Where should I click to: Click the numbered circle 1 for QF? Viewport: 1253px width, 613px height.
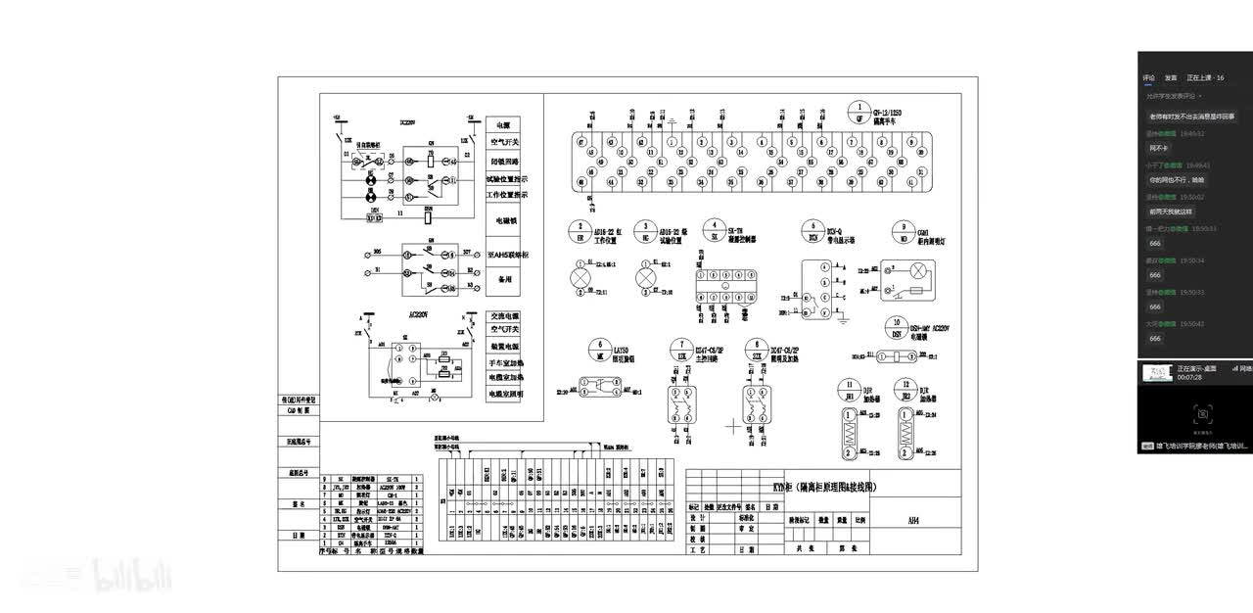(859, 110)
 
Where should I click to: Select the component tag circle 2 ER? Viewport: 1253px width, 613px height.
(579, 232)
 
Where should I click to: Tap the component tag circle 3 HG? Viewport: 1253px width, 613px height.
(645, 232)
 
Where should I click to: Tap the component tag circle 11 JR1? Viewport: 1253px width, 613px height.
(851, 389)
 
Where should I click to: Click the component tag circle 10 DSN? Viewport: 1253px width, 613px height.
(894, 327)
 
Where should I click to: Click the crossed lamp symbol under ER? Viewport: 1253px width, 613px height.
(580, 278)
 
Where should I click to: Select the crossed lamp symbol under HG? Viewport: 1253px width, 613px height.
(645, 278)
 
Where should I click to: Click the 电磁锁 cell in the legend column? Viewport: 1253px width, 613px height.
(504, 220)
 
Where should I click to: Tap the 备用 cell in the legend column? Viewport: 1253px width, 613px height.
(504, 279)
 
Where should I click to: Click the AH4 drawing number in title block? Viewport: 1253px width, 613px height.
(913, 519)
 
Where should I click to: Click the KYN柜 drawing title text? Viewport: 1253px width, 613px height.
(823, 487)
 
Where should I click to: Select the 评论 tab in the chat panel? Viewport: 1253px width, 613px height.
(1148, 77)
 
